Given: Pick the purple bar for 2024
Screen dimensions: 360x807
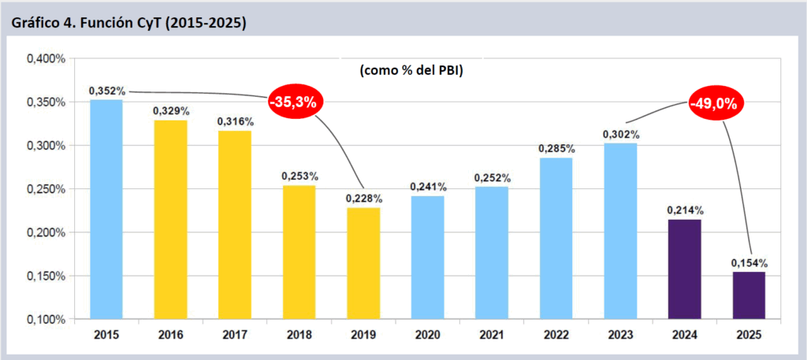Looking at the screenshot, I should pyautogui.click(x=684, y=269).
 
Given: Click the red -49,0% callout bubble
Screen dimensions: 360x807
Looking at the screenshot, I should pyautogui.click(x=716, y=103).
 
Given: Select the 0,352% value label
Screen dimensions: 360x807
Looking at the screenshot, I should pyautogui.click(x=107, y=91).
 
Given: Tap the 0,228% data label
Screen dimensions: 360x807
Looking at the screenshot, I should pyautogui.click(x=363, y=198).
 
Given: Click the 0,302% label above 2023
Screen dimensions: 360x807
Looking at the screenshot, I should pyautogui.click(x=620, y=135).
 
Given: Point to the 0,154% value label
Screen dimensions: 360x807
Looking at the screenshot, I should pyautogui.click(x=749, y=262).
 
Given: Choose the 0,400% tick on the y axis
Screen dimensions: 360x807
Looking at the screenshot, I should pyautogui.click(x=45, y=59).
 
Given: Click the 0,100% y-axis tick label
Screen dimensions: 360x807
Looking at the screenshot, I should pyautogui.click(x=45, y=319).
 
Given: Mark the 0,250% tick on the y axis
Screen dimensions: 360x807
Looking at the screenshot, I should pyautogui.click(x=45, y=189).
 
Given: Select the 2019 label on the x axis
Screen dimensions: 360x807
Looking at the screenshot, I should pyautogui.click(x=363, y=334).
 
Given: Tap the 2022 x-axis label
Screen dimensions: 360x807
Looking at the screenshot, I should pyautogui.click(x=556, y=334).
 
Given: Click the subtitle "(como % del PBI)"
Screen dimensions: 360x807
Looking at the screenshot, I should pyautogui.click(x=410, y=71).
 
